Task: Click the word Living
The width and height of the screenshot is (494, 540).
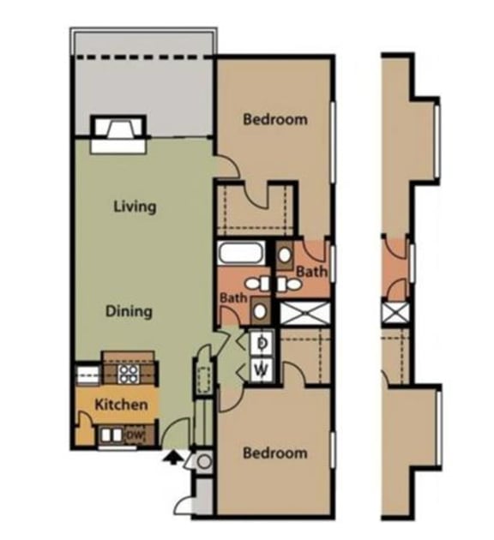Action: (135, 207)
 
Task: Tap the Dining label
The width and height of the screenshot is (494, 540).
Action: (129, 310)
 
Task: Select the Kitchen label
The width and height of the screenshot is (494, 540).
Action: (120, 405)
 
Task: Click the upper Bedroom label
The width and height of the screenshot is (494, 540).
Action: (274, 119)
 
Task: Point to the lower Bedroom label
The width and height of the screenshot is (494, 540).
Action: (274, 453)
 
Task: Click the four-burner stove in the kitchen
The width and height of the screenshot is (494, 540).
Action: (129, 373)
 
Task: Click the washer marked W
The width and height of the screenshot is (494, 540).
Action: (262, 370)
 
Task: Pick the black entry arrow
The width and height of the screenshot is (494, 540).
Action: (172, 458)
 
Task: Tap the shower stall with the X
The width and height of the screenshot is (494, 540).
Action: (304, 312)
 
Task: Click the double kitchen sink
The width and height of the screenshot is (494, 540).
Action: (111, 435)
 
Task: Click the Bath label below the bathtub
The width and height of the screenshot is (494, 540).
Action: (233, 298)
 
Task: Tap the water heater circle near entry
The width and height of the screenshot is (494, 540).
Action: (205, 462)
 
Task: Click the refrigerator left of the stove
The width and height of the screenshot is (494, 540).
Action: (87, 374)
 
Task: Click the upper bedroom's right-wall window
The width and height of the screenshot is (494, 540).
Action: (332, 142)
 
